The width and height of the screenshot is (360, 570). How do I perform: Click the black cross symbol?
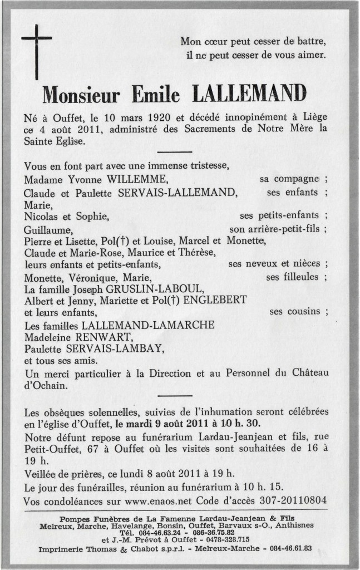tap(36, 48)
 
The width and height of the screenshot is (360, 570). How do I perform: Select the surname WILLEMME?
tap(137, 179)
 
